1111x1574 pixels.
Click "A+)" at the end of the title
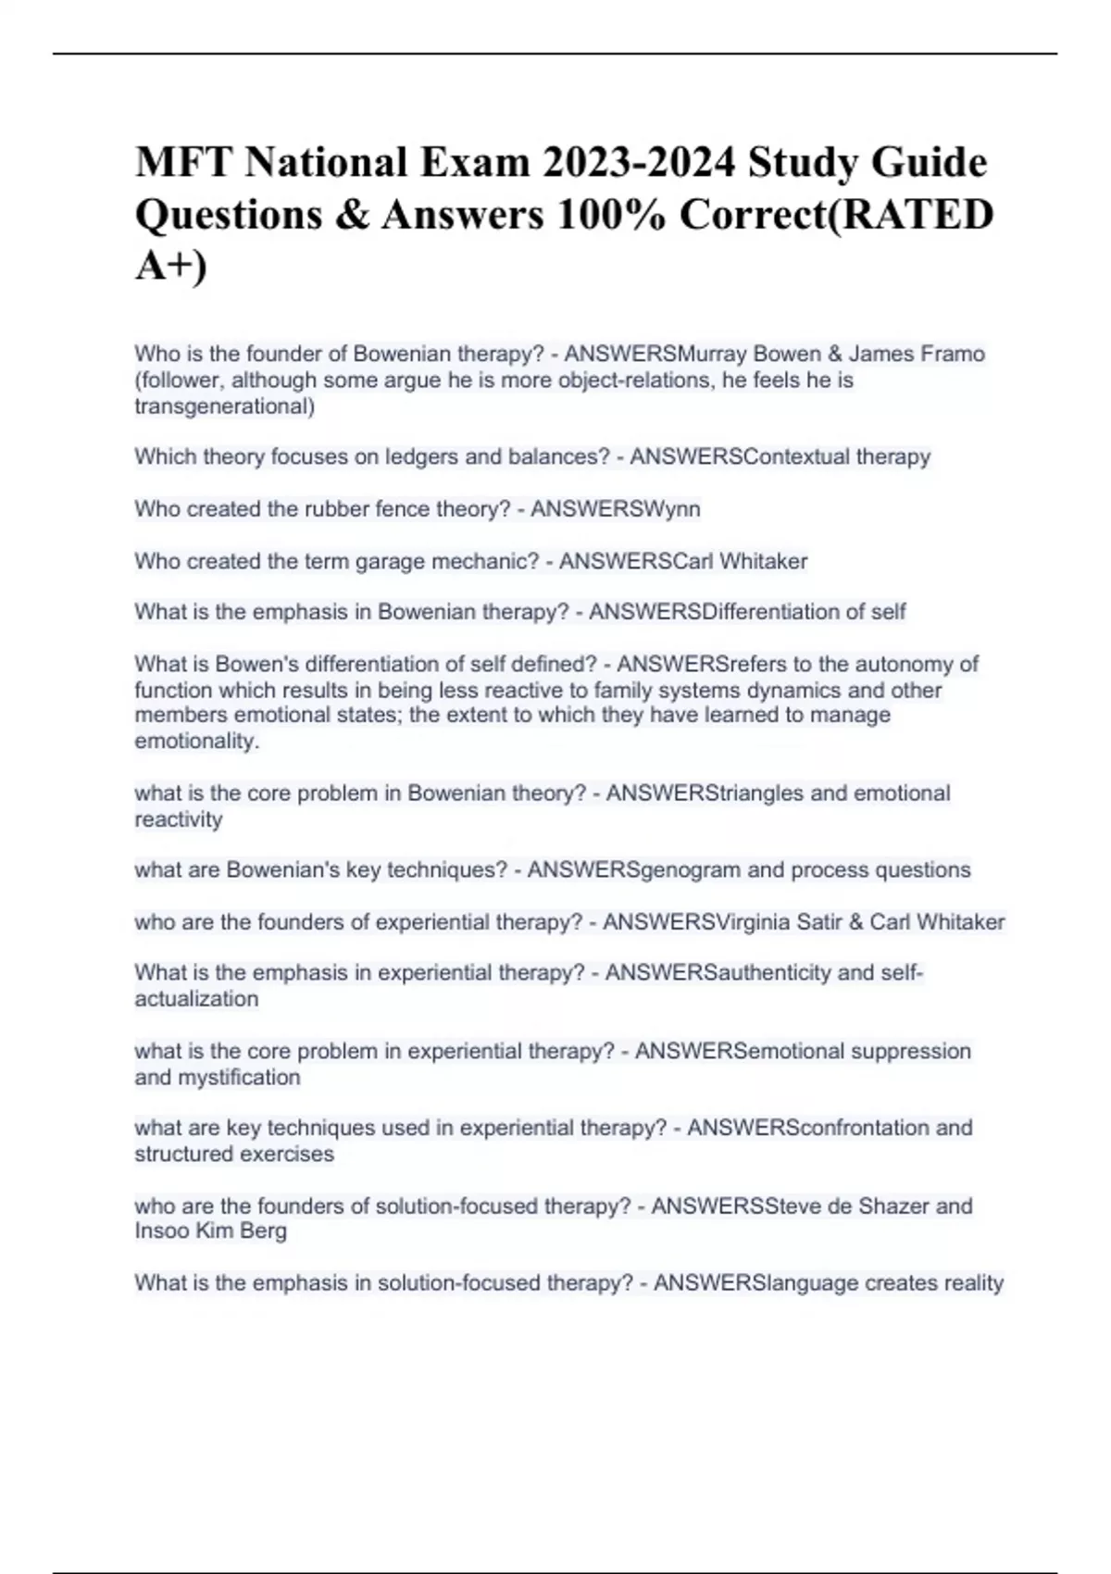171,266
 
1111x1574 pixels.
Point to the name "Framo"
954,354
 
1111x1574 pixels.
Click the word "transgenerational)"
224,406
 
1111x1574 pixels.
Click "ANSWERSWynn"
615,508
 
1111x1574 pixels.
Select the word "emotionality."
196,741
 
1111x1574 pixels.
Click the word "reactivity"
178,819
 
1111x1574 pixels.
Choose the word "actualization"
196,999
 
